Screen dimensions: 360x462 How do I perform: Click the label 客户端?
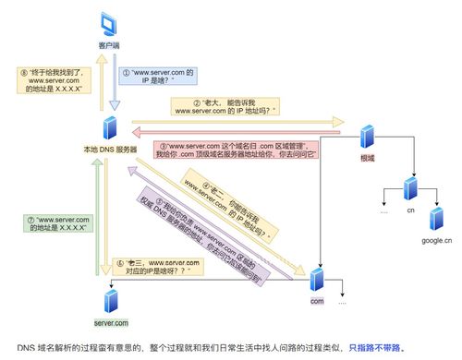click(x=109, y=44)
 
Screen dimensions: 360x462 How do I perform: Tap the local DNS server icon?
click(x=109, y=126)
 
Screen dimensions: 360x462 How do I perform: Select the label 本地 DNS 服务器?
click(x=109, y=149)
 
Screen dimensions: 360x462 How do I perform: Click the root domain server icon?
click(x=367, y=138)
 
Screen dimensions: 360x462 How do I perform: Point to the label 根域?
click(x=367, y=158)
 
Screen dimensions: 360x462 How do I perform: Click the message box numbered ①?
click(x=162, y=77)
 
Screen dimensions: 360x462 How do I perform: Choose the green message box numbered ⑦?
click(x=57, y=222)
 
